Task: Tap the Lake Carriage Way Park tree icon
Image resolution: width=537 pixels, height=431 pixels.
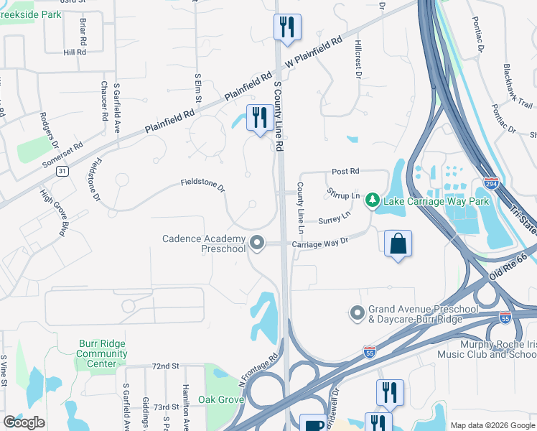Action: pos(372,199)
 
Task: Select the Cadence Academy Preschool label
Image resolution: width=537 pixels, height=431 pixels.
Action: pos(204,244)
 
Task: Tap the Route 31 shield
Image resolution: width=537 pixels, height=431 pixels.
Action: pos(63,171)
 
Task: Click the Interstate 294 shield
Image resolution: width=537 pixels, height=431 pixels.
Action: pos(491,183)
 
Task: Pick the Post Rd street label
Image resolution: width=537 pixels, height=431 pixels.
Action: pos(345,172)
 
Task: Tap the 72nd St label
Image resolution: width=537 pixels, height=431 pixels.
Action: pos(165,366)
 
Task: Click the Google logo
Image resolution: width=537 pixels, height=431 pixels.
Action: pos(24,422)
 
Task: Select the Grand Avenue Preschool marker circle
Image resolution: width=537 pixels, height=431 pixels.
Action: pos(357,313)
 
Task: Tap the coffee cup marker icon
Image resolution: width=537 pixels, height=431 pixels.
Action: pos(312,424)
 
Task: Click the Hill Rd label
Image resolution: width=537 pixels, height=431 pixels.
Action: pos(74,52)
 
